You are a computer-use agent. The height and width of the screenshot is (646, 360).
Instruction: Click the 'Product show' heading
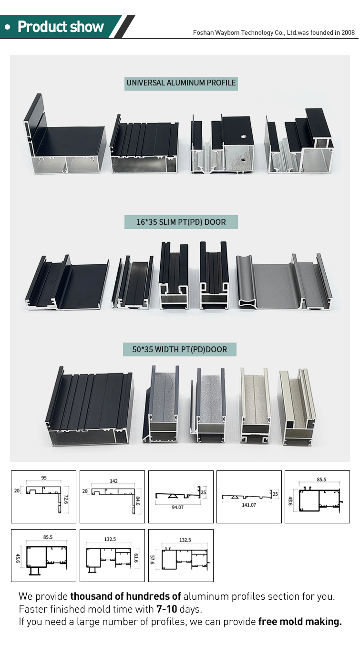click(x=60, y=27)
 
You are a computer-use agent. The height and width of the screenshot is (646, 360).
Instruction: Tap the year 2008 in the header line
click(x=347, y=32)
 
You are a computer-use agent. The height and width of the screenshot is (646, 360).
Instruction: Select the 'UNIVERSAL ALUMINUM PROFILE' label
click(x=181, y=83)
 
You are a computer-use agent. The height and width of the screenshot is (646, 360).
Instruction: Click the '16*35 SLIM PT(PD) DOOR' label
click(x=181, y=222)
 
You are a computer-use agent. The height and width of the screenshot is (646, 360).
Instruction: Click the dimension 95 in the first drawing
click(x=44, y=478)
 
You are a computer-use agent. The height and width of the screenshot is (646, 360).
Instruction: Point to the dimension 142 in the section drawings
click(x=113, y=481)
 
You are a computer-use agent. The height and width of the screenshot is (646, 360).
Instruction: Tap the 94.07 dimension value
click(x=177, y=507)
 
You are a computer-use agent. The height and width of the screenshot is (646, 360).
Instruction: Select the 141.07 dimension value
click(x=246, y=505)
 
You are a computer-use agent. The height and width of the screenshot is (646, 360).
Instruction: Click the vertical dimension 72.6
click(x=66, y=500)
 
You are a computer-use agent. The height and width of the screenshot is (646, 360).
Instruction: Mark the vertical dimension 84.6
click(x=138, y=501)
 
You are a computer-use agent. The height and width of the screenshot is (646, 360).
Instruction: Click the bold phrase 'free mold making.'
click(x=300, y=621)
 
